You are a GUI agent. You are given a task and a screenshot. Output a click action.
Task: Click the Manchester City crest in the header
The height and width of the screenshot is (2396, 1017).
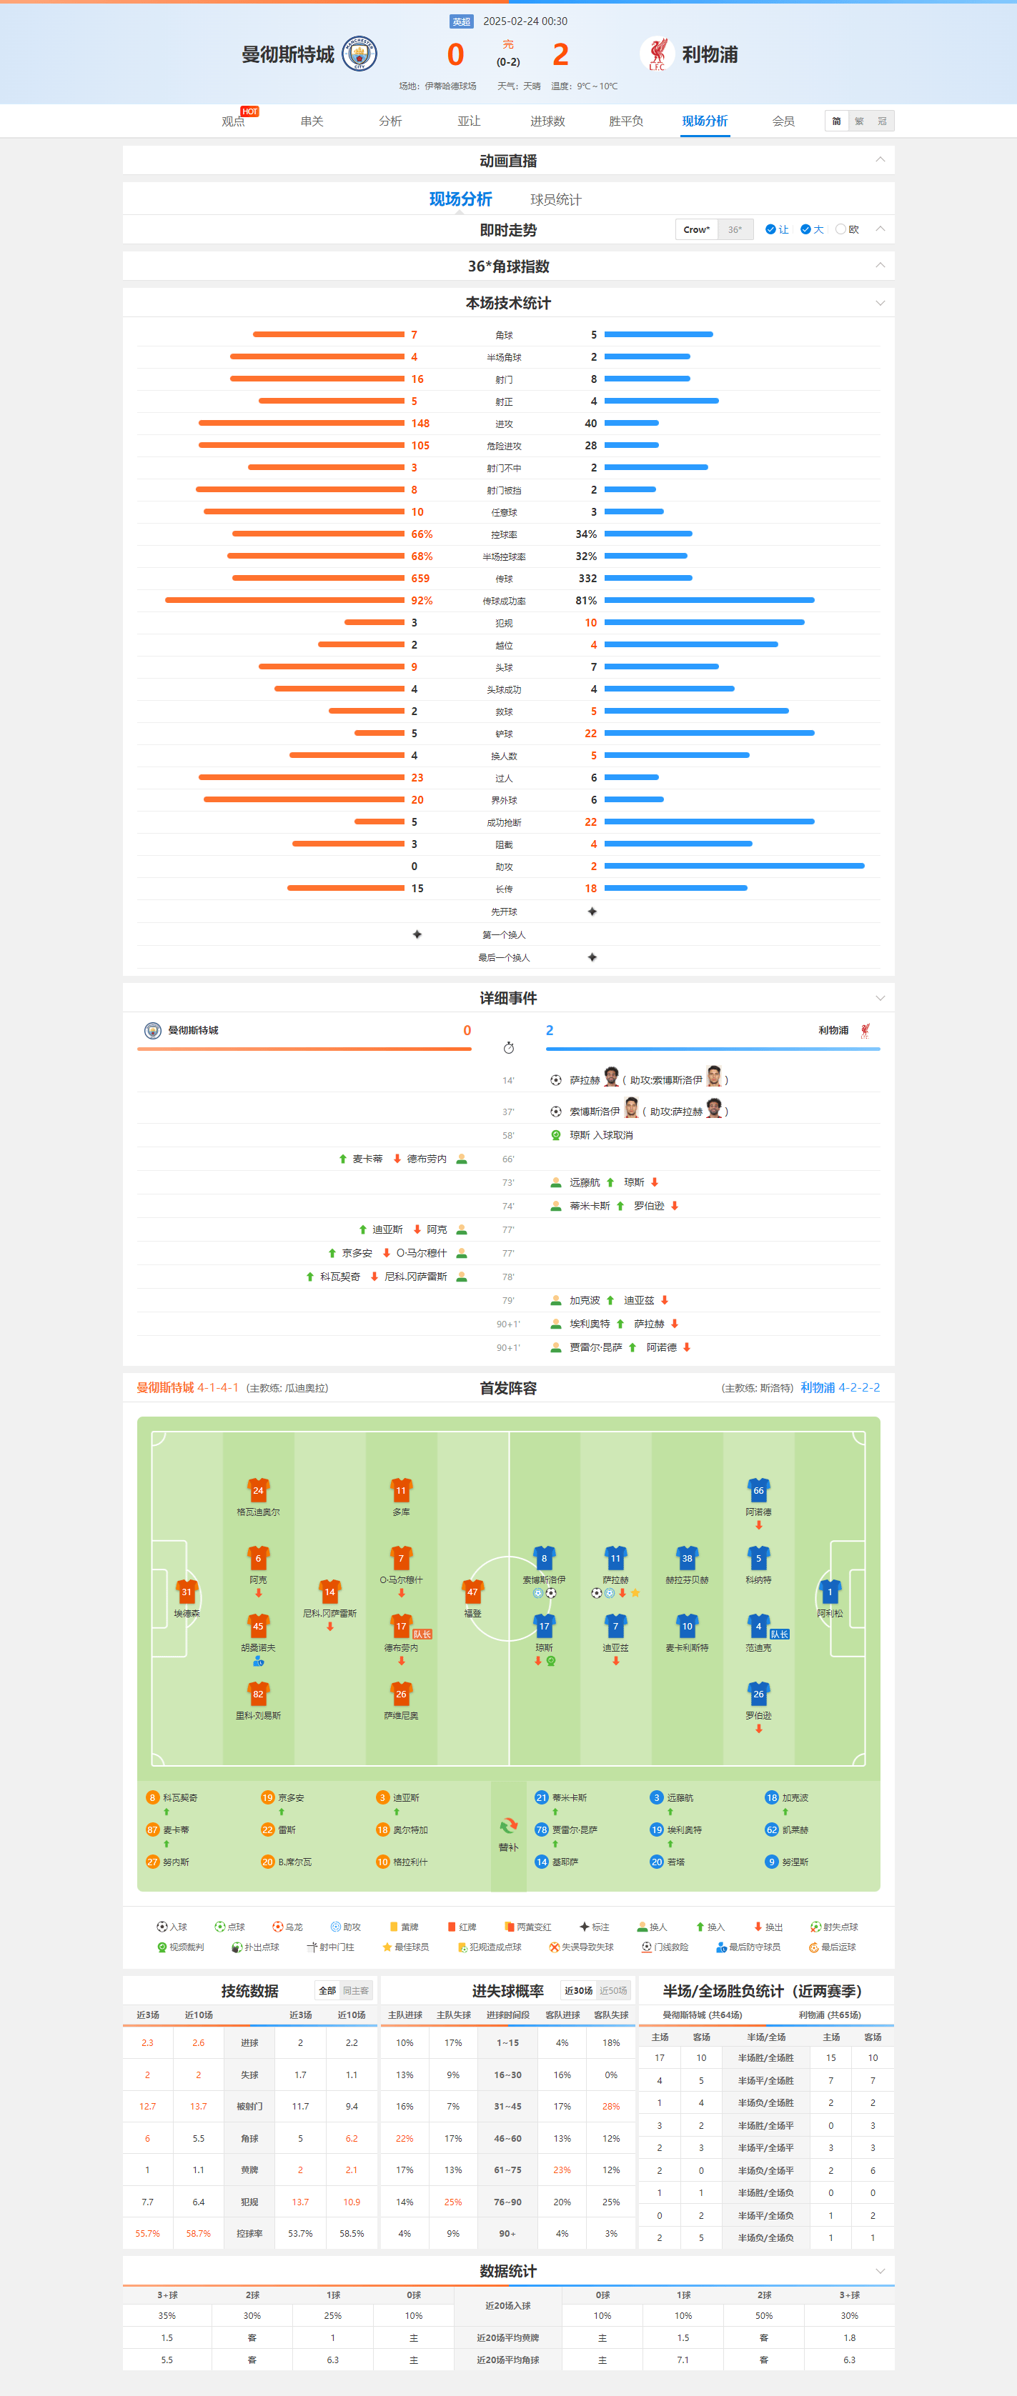click(x=359, y=54)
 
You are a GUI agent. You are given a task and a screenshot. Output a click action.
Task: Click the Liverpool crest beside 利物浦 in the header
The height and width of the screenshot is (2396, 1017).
click(x=657, y=54)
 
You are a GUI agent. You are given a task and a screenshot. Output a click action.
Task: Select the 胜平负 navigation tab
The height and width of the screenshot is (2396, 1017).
click(x=625, y=121)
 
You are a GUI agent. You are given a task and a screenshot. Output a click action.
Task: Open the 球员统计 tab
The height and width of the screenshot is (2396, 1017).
click(x=555, y=200)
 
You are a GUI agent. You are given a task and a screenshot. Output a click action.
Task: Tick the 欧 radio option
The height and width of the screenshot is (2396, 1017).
click(x=841, y=230)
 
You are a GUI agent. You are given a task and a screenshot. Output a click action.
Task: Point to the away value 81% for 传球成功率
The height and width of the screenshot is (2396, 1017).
click(x=586, y=601)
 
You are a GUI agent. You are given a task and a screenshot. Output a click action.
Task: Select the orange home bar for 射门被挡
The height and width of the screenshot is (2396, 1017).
click(x=299, y=489)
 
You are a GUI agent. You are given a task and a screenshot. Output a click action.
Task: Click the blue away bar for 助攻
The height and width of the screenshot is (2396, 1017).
click(x=734, y=866)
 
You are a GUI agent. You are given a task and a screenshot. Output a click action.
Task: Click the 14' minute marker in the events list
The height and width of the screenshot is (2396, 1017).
click(x=508, y=1081)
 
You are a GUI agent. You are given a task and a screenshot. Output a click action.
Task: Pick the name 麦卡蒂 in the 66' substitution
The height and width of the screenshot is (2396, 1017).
click(x=367, y=1159)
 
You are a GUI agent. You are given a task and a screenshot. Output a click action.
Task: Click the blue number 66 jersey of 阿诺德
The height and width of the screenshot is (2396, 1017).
click(x=758, y=1490)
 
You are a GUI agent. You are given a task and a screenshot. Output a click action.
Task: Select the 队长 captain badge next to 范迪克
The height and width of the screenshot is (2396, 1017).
click(x=779, y=1634)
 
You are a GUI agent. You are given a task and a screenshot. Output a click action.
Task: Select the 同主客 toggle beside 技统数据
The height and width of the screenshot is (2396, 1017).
click(x=355, y=1990)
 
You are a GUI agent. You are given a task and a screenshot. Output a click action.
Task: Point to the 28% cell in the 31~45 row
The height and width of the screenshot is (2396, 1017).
click(x=610, y=2107)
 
